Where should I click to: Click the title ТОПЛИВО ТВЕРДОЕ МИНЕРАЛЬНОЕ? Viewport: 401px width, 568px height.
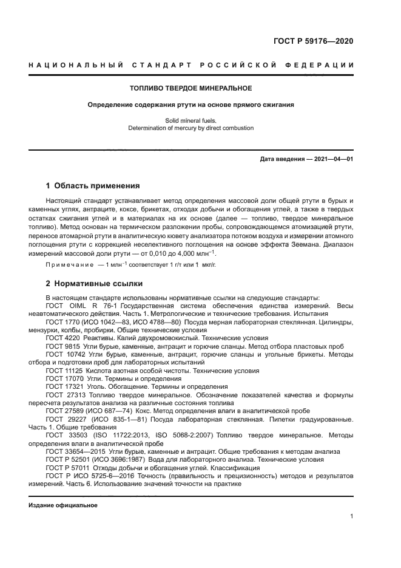(x=191, y=88)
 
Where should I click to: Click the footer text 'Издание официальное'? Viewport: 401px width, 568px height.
(x=62, y=505)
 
